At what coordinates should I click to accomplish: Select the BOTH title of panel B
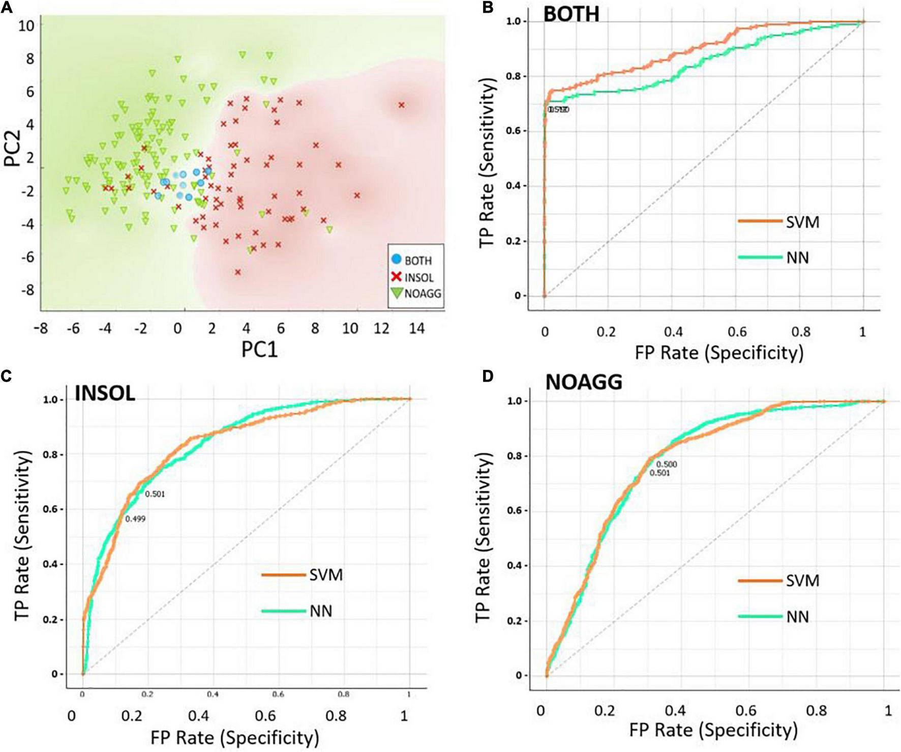click(571, 14)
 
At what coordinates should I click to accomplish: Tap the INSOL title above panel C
click(105, 393)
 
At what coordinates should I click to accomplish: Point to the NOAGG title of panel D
click(584, 382)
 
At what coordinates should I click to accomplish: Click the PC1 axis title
click(259, 350)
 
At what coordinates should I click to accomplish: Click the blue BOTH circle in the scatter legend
click(397, 259)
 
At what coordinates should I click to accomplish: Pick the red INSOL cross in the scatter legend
click(397, 277)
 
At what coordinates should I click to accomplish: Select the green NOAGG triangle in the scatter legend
click(397, 293)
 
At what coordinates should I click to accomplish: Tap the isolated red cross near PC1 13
click(401, 105)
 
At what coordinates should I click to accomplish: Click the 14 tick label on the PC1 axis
click(416, 329)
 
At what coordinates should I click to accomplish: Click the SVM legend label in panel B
click(802, 222)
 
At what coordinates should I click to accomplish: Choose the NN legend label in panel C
click(321, 611)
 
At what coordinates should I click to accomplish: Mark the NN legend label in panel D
click(797, 617)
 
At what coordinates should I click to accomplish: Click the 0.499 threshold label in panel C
click(135, 519)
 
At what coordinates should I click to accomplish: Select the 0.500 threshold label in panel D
click(667, 465)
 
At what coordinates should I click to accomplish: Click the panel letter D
click(488, 377)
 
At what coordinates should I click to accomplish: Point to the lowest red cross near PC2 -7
click(237, 272)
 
